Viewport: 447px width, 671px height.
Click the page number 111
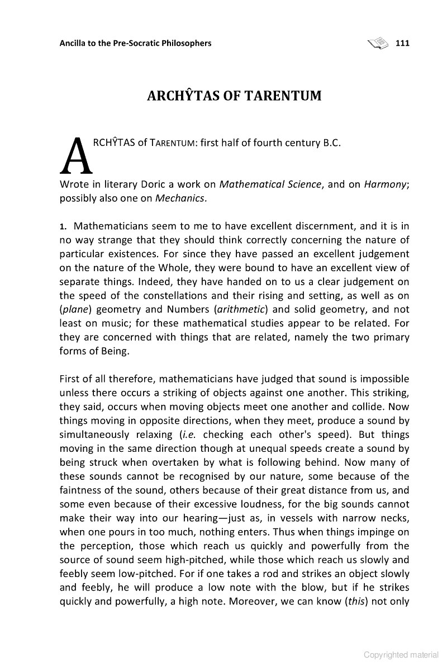[x=402, y=43]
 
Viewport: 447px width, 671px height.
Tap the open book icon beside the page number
[x=378, y=42]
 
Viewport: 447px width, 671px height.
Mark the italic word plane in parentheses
[x=73, y=309]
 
